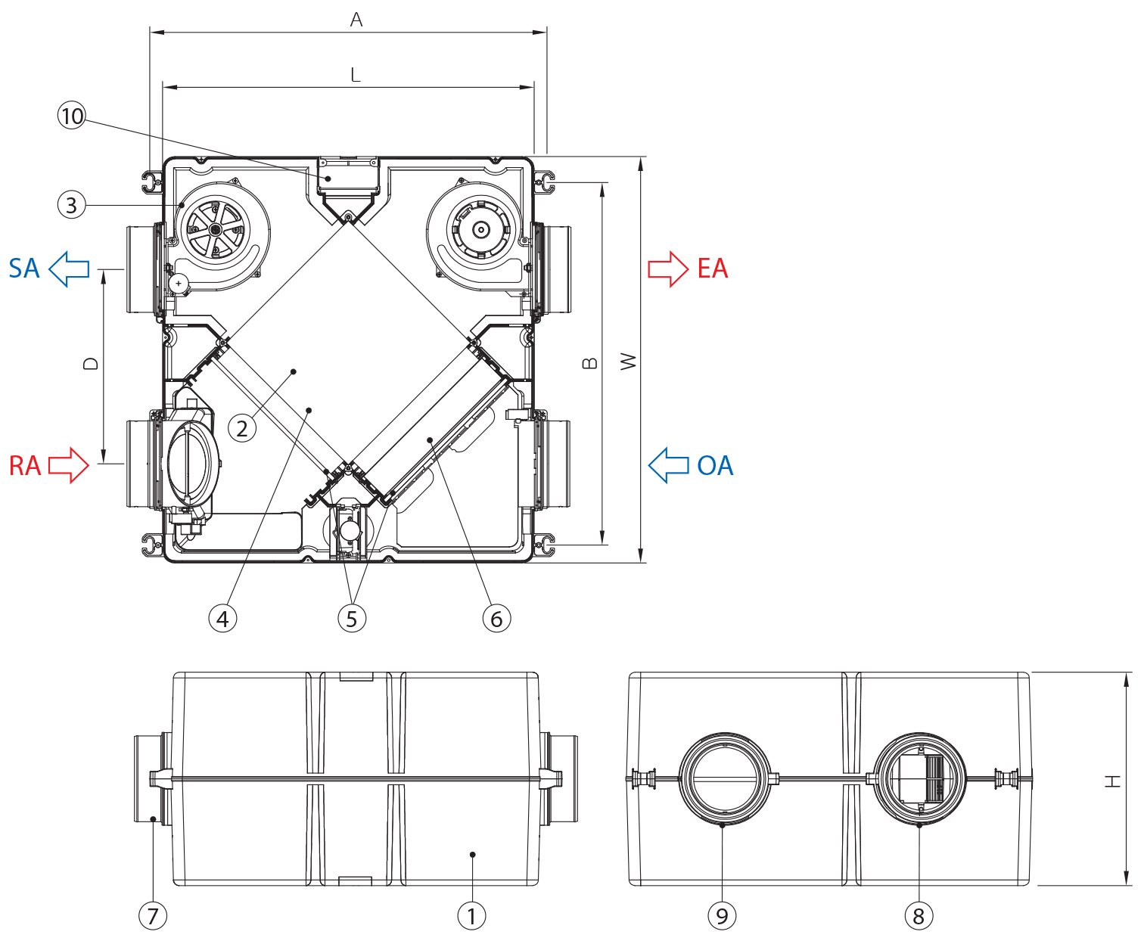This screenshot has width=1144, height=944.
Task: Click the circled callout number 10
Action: click(72, 116)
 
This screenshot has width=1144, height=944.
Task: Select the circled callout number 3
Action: click(71, 205)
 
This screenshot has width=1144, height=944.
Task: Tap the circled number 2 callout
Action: click(242, 429)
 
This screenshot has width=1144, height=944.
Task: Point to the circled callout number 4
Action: click(222, 619)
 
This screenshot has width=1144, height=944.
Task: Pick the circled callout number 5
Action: click(352, 619)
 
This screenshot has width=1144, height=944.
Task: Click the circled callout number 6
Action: click(496, 619)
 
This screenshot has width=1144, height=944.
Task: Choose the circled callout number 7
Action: click(153, 916)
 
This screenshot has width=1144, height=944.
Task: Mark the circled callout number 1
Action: click(472, 916)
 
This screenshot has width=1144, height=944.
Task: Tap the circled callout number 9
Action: click(722, 916)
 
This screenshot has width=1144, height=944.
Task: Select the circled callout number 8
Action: click(919, 916)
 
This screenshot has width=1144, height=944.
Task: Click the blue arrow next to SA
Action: click(69, 269)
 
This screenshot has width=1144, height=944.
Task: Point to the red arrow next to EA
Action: click(668, 269)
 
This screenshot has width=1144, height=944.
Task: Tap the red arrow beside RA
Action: click(69, 465)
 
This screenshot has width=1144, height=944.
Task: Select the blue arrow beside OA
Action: click(669, 465)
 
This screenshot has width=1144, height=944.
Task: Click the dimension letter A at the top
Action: click(356, 20)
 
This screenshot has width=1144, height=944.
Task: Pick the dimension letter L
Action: click(356, 75)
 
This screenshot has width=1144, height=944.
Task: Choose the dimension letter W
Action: click(628, 362)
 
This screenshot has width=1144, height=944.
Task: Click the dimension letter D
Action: click(91, 364)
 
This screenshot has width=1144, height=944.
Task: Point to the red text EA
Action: click(713, 269)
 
